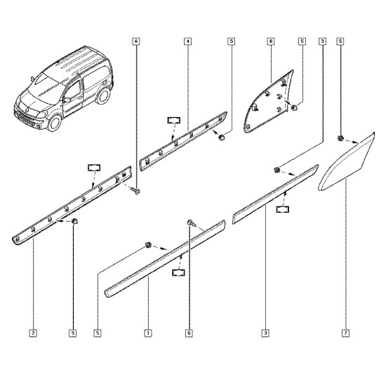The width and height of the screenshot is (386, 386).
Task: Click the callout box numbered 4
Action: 187,41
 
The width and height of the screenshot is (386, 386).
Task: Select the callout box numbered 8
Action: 271,41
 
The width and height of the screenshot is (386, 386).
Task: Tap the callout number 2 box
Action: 33,333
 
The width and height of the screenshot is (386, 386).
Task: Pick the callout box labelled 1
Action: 148,333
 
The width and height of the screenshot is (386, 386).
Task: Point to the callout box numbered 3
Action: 265,333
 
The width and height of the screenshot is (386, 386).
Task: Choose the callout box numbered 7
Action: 346,333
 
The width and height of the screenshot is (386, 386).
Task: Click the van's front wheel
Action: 55,123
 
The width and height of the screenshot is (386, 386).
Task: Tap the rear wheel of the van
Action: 103,95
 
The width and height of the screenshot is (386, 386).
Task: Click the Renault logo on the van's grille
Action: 27,109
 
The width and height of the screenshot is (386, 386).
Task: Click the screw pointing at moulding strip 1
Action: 192,222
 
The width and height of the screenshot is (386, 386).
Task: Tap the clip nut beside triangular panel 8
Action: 294,107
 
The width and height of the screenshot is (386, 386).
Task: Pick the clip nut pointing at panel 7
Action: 340,138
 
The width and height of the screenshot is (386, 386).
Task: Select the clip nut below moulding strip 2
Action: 74,221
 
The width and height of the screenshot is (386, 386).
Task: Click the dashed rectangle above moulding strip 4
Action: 174,121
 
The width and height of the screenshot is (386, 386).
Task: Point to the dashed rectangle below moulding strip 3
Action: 283,209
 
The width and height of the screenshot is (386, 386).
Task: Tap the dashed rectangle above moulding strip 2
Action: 94,168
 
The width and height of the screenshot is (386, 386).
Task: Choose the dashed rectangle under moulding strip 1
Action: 178,272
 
